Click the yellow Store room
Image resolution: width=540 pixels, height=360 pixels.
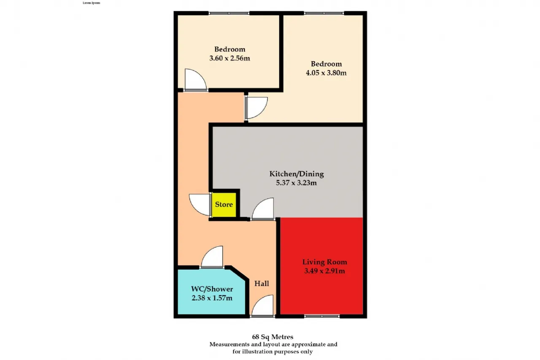224,205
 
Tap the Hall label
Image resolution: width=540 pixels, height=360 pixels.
262,284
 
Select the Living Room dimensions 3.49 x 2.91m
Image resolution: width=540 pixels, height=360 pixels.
324,271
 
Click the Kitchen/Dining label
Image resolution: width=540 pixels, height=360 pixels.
297,174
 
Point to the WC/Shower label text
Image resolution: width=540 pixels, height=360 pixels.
212,289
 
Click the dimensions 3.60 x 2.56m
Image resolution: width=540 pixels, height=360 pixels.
229,58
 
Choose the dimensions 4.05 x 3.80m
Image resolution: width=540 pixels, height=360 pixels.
326,73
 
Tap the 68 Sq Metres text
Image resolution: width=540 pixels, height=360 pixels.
273,337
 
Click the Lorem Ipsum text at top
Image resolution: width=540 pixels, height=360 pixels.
92,3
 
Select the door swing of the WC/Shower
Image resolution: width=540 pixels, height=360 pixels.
212,257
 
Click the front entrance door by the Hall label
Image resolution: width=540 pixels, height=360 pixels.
262,306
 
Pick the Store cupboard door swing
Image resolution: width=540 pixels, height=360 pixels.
200,205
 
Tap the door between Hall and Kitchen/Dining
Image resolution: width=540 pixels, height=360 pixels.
263,209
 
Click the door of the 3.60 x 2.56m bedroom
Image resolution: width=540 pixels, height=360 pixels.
195,80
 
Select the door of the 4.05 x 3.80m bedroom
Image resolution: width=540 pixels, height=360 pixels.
256,108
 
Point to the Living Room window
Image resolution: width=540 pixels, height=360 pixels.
322,316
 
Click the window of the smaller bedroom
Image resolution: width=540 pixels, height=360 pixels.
229,13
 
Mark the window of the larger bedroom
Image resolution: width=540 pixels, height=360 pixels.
324,13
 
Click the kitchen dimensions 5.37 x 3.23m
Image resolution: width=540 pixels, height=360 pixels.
296,183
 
